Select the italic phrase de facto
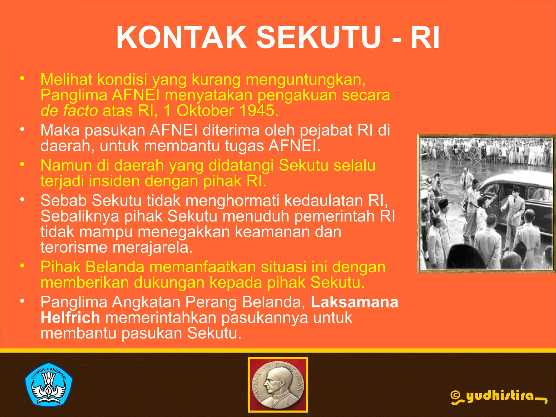[69, 111]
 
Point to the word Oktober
[205, 111]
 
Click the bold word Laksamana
[354, 302]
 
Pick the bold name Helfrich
[70, 318]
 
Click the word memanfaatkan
[202, 267]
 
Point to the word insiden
[114, 181]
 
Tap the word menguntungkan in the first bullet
[305, 80]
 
